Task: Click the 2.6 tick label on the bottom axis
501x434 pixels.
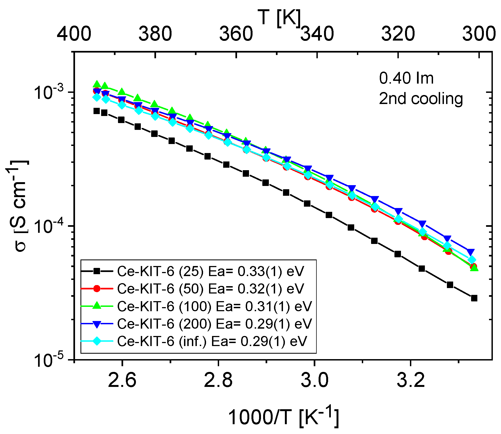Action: [x=122, y=380]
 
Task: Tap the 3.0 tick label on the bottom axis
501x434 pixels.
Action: [x=315, y=380]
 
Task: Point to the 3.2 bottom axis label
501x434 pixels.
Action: [x=410, y=380]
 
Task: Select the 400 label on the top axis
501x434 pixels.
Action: [x=74, y=34]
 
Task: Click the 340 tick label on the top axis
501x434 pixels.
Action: [x=317, y=34]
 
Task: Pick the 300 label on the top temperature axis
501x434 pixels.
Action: [x=479, y=34]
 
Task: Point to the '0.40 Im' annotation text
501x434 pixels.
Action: [x=406, y=78]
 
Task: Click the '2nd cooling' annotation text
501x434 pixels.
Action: [x=421, y=99]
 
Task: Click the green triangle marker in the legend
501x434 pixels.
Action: [x=97, y=306]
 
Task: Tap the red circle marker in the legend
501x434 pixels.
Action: [x=97, y=289]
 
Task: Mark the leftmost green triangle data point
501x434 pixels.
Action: [x=97, y=84]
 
